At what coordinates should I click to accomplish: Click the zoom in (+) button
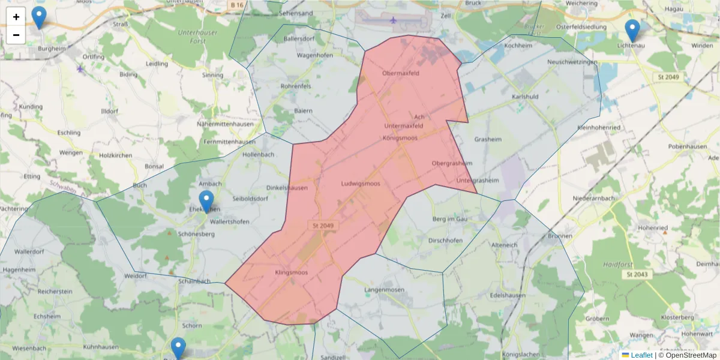click(x=16, y=17)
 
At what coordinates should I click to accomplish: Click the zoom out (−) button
click(x=16, y=35)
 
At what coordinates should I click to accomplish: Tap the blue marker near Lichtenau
click(x=632, y=31)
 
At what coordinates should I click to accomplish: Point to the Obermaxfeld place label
click(x=400, y=74)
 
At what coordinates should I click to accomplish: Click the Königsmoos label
click(x=400, y=138)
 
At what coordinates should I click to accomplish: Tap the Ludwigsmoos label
click(x=361, y=184)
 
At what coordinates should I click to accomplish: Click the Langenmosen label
click(x=385, y=290)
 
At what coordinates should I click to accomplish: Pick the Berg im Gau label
click(x=449, y=220)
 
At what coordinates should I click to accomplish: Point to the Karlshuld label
click(x=525, y=97)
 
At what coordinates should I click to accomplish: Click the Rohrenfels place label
click(x=296, y=86)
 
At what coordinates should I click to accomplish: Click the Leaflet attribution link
click(x=640, y=355)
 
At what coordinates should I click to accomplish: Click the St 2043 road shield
click(x=637, y=274)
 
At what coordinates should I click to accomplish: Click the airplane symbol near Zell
click(x=394, y=20)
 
